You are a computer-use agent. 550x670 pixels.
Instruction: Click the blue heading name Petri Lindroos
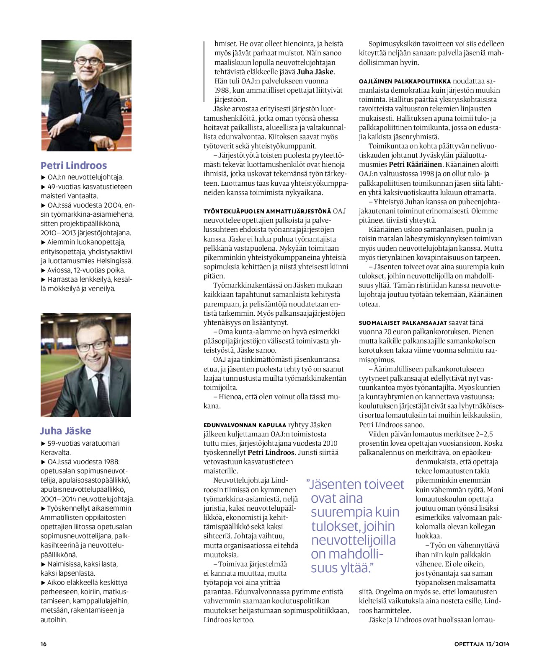74,165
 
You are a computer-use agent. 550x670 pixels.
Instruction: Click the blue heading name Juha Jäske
65,431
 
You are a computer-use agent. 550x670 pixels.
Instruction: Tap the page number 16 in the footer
44,644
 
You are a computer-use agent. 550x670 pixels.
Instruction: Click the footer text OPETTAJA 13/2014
482,644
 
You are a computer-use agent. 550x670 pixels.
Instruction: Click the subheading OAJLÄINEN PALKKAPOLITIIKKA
405,81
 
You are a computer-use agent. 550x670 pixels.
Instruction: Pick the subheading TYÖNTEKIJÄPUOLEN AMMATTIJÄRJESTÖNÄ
267,211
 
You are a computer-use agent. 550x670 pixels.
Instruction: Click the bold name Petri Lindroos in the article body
271,452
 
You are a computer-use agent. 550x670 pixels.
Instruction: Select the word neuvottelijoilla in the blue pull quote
353,540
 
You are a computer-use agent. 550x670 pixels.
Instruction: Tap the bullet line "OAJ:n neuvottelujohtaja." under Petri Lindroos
85,177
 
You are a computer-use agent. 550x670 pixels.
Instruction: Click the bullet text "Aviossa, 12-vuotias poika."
85,270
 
